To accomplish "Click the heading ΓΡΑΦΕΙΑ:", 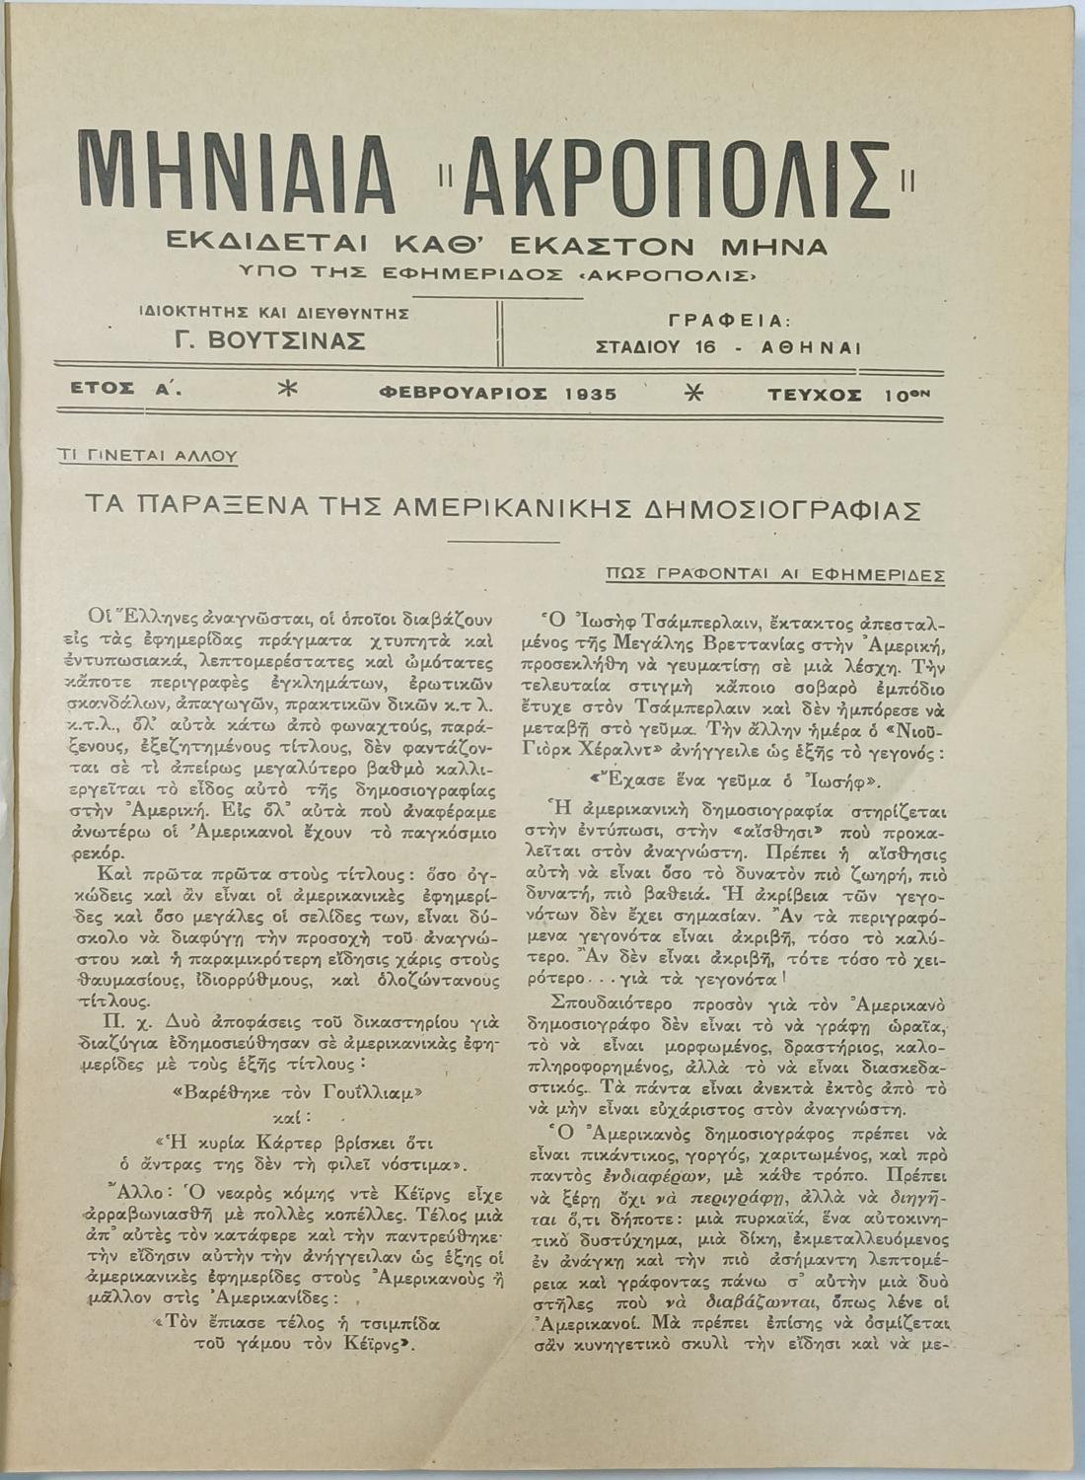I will (x=729, y=320).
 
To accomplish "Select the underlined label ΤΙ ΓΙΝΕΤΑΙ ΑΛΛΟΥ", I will (x=148, y=456).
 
